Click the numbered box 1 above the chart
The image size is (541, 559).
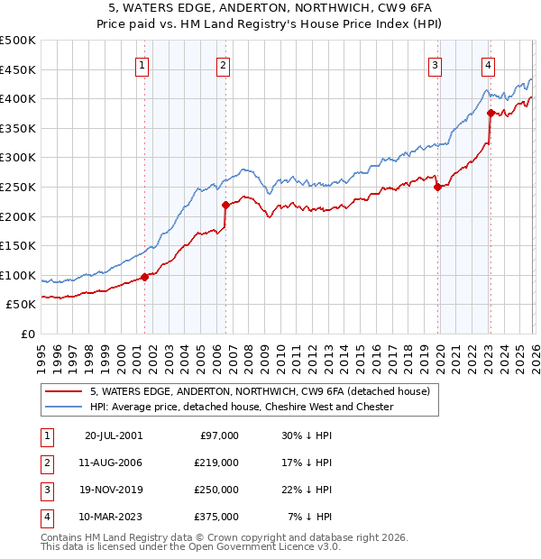(x=143, y=65)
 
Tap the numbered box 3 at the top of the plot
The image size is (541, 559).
(x=435, y=65)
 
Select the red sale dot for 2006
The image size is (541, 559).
(x=225, y=206)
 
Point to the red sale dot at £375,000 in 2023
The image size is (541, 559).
(x=491, y=114)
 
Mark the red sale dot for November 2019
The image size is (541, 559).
(x=437, y=188)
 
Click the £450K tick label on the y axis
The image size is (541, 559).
(x=17, y=69)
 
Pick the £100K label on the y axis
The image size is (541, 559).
(x=17, y=275)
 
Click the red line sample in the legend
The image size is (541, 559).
(x=65, y=391)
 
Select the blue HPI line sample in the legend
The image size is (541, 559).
(x=65, y=407)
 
